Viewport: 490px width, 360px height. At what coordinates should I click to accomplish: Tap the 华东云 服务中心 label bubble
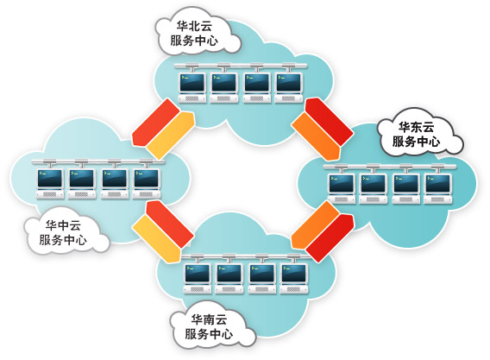(x=418, y=134)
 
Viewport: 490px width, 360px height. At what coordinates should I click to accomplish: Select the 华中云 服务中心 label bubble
(x=66, y=232)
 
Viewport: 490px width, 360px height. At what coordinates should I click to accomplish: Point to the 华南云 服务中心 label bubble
(x=211, y=326)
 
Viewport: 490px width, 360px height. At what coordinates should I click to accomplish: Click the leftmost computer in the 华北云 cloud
(x=192, y=88)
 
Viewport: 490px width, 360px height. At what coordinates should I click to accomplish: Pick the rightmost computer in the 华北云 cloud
(x=289, y=88)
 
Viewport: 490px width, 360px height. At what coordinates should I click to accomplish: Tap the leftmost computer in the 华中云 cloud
(x=50, y=184)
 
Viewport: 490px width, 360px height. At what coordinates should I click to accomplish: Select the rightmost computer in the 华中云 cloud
(x=147, y=184)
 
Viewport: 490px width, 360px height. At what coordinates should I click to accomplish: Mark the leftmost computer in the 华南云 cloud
(x=198, y=279)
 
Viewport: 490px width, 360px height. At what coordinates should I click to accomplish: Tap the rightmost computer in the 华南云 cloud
(x=294, y=279)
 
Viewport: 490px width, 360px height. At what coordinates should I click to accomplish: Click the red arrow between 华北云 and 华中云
(x=155, y=123)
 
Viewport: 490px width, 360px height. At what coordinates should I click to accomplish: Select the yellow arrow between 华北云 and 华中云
(x=171, y=136)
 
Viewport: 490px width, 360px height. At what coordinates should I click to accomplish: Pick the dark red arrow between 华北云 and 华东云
(x=329, y=122)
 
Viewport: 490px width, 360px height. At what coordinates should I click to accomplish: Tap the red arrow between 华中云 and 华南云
(x=170, y=224)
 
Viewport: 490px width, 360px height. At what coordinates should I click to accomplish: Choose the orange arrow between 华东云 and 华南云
(x=315, y=225)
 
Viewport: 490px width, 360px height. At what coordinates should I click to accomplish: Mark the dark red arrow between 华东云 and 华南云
(x=330, y=238)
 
